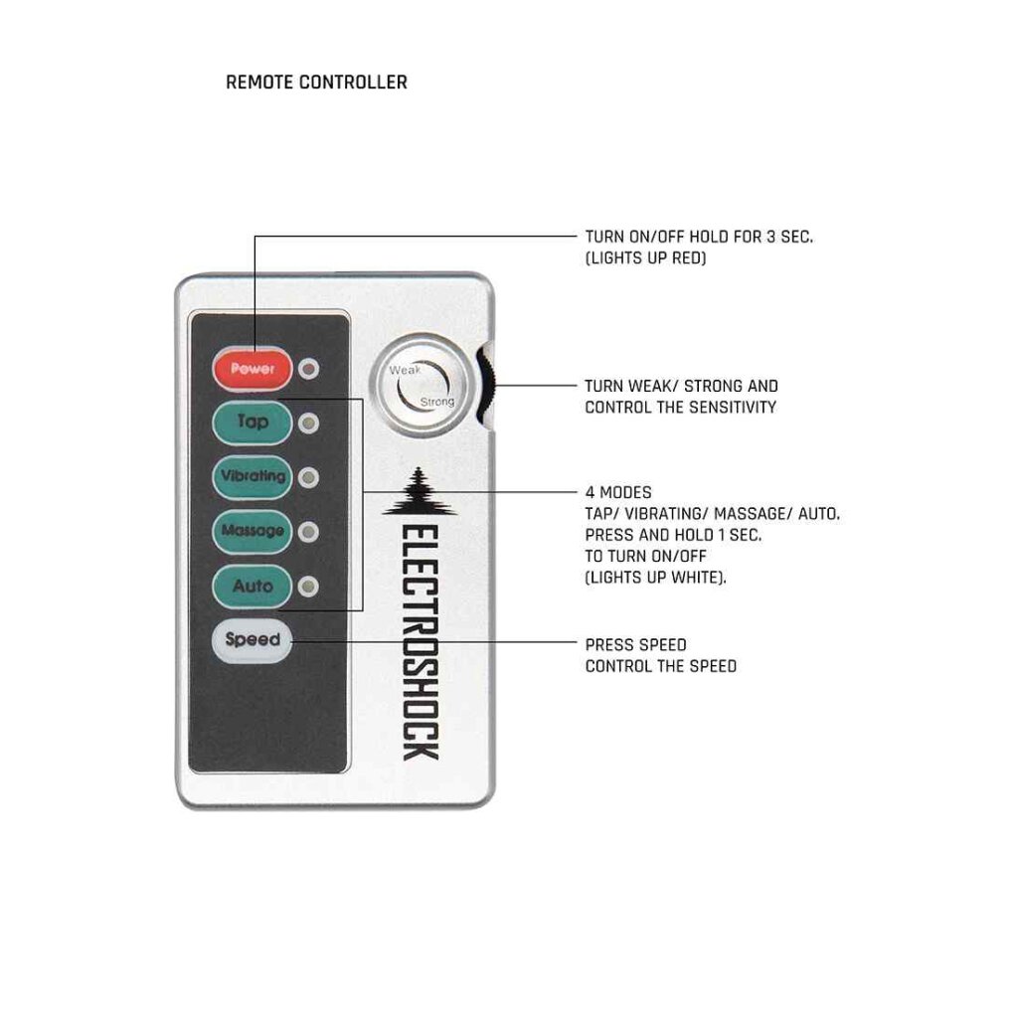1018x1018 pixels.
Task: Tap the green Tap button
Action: pyautogui.click(x=253, y=423)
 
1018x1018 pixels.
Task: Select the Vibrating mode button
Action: pyautogui.click(x=253, y=477)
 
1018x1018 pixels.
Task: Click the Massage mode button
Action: pyautogui.click(x=253, y=532)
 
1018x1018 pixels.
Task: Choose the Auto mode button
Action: pyautogui.click(x=253, y=587)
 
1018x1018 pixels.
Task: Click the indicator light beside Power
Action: pyautogui.click(x=308, y=369)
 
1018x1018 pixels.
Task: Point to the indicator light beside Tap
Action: pyautogui.click(x=308, y=424)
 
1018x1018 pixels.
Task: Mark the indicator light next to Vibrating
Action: pyautogui.click(x=308, y=478)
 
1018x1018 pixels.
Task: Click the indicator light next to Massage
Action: pyautogui.click(x=308, y=533)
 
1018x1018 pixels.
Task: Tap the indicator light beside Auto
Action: pyautogui.click(x=308, y=587)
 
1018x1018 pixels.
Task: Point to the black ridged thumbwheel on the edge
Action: pyautogui.click(x=485, y=386)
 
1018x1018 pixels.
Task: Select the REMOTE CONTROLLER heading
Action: pyautogui.click(x=317, y=83)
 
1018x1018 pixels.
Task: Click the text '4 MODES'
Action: pyautogui.click(x=618, y=492)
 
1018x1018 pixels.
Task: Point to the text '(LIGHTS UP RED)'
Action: pyautogui.click(x=645, y=257)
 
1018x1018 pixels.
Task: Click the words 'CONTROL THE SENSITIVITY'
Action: pyautogui.click(x=680, y=407)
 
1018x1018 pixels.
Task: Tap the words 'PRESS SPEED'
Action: pyautogui.click(x=635, y=644)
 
